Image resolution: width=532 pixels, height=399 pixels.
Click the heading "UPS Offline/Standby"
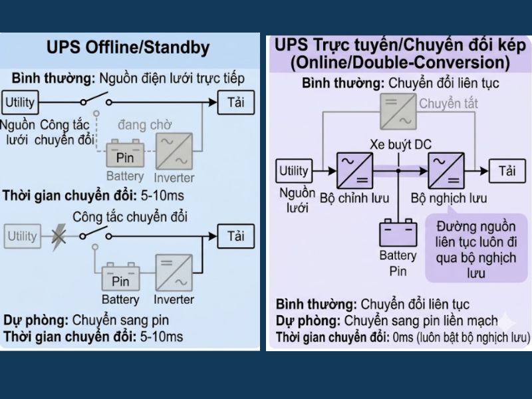point(128,48)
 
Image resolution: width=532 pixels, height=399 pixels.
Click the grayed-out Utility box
point(22,236)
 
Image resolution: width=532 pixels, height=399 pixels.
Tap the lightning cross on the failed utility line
point(59,236)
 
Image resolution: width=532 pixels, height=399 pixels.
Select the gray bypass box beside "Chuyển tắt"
point(398,110)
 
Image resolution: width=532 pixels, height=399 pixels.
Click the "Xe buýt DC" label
point(400,144)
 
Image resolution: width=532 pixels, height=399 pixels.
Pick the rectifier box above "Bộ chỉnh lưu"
point(355,171)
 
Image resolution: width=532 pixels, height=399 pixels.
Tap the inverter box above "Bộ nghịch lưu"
point(445,171)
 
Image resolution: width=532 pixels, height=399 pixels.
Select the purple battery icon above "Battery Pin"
point(398,233)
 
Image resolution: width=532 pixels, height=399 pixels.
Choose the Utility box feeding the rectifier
point(293,171)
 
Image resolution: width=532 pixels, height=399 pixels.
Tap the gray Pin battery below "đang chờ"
point(125,154)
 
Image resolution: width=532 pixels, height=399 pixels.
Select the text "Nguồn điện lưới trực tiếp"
point(174,78)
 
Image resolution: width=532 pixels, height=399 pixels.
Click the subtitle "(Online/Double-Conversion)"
point(400,63)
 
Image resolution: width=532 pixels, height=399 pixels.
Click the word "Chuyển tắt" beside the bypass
point(448,104)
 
